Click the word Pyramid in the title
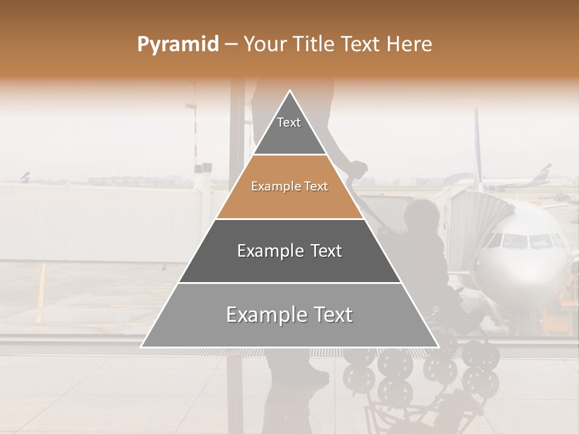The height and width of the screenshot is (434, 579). (177, 45)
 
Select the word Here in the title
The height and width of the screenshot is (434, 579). (410, 44)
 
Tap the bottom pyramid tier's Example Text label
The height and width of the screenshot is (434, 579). (289, 315)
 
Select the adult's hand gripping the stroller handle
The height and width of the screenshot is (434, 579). (357, 169)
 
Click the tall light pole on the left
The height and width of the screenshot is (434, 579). (194, 139)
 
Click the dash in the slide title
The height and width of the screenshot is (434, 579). (230, 45)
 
